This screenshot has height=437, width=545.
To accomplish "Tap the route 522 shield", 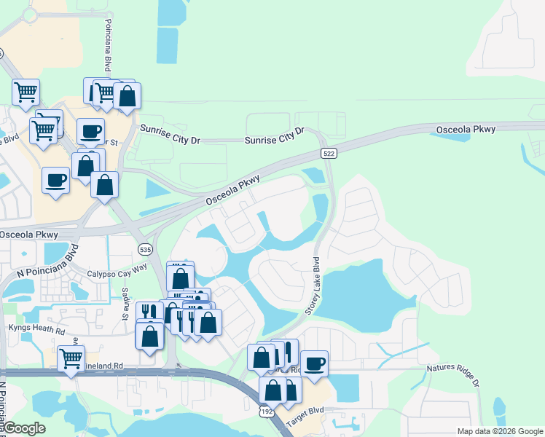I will pos(329,153).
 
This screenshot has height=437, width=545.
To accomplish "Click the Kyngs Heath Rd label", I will pos(36,328).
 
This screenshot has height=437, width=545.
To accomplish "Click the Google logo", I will pos(24,428).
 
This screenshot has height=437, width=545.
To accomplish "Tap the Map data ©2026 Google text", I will pos(500,431).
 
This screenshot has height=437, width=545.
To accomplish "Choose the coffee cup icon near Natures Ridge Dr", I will pos(314,363).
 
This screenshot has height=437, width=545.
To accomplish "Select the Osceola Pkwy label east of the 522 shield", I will pos(466,130).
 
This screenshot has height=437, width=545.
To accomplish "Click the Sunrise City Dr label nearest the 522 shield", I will pos(274,139).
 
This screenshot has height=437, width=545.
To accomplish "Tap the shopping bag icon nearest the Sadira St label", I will pos(149,335).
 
